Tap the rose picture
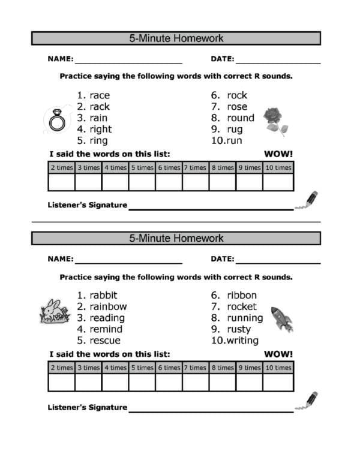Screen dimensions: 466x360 (275, 120)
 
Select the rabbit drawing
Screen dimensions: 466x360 (53, 312)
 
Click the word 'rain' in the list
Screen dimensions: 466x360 (98, 118)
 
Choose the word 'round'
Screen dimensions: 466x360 (240, 118)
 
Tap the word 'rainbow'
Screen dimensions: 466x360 (108, 306)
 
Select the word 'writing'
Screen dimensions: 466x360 (242, 341)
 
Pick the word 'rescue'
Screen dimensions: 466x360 (105, 341)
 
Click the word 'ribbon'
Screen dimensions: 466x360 (241, 295)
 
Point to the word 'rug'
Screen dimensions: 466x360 (235, 130)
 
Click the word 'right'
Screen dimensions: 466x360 (101, 130)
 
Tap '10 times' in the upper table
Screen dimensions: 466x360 (278, 168)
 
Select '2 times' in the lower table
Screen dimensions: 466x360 (62, 368)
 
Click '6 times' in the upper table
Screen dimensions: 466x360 (169, 168)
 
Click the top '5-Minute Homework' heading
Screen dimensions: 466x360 (176, 38)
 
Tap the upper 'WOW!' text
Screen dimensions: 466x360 (278, 154)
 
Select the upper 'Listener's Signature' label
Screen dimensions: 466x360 (87, 205)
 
